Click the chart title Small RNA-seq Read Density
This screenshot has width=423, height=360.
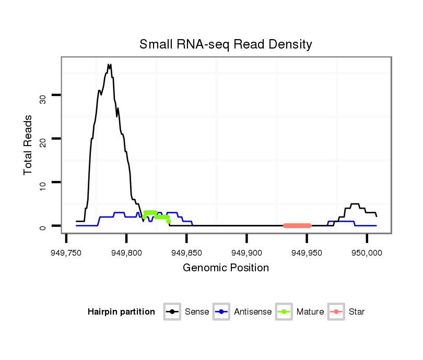[226, 44]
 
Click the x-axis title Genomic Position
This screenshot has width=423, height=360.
[226, 268]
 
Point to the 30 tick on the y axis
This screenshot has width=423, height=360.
[43, 95]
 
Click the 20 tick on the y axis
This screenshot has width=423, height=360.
[43, 138]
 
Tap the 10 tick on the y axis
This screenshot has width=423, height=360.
[43, 182]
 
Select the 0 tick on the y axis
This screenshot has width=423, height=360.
[43, 226]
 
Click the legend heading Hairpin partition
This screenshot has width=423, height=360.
[121, 312]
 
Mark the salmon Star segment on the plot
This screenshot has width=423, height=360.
[297, 225]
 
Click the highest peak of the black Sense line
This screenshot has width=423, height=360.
[109, 65]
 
